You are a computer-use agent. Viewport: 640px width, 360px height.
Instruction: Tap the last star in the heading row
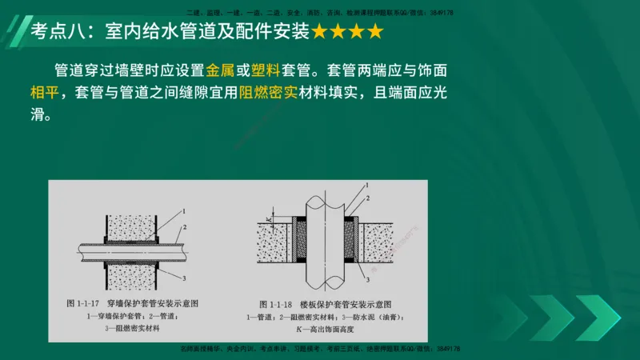coord(374,32)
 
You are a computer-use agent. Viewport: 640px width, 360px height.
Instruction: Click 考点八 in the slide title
coord(58,32)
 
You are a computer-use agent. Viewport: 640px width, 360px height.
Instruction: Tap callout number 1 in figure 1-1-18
coord(367,186)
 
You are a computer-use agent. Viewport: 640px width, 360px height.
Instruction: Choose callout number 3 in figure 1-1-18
coord(367,279)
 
